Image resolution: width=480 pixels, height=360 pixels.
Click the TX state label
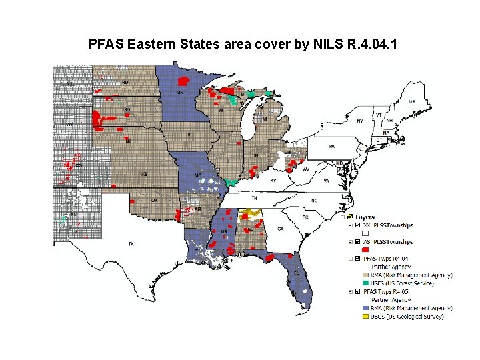(131, 244)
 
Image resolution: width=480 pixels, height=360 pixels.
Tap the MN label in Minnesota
(180, 92)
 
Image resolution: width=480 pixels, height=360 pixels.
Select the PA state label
(331, 146)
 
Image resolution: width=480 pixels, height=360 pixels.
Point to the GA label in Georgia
(280, 229)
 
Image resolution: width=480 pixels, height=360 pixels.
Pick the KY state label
(272, 181)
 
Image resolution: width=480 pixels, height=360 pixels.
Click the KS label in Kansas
(145, 174)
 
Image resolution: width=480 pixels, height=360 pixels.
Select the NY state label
(360, 121)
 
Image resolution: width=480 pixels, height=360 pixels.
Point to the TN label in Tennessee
(253, 198)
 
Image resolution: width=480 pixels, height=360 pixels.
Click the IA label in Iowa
(190, 135)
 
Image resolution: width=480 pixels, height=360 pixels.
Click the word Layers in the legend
(365, 217)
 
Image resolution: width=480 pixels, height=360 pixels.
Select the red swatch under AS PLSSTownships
(365, 249)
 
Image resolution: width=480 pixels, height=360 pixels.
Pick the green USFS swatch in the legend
(365, 283)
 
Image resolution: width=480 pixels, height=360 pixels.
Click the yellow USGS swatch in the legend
(365, 317)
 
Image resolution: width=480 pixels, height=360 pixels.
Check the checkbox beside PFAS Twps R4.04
(357, 258)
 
